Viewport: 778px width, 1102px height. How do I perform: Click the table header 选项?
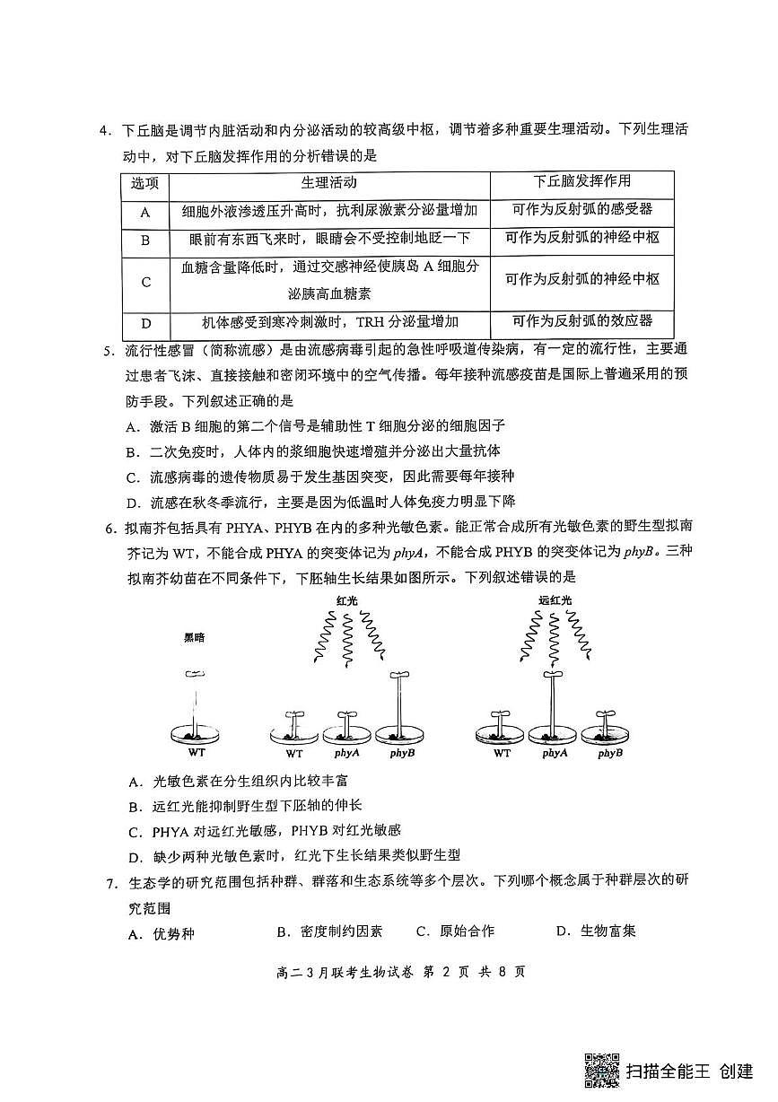coord(144,183)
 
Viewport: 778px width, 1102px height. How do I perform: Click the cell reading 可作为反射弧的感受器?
coord(581,210)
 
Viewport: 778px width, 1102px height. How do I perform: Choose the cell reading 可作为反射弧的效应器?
coord(581,321)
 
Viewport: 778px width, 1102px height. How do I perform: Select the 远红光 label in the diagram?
coord(554,599)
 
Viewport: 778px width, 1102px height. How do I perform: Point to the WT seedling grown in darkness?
coord(195,704)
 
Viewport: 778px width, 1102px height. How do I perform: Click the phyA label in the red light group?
coord(346,753)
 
